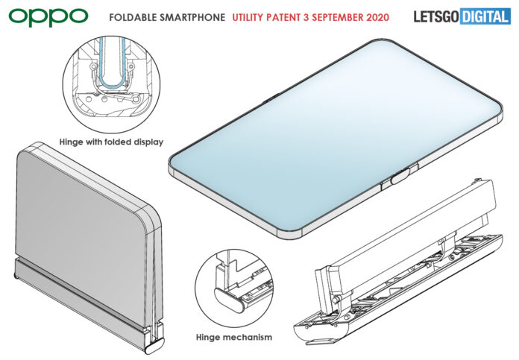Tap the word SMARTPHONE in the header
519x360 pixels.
point(195,16)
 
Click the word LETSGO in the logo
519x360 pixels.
point(435,16)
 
